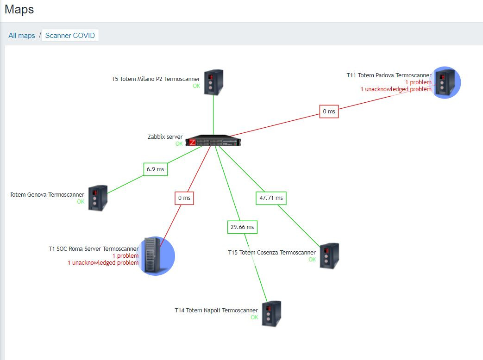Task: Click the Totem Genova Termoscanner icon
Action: coord(98,198)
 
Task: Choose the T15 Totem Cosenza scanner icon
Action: coord(329,256)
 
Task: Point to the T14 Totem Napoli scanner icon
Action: coord(271,314)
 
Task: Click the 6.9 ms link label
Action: coord(156,169)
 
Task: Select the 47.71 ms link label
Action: coord(271,198)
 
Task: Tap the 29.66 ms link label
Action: coord(242,227)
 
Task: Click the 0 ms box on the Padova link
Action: coord(329,112)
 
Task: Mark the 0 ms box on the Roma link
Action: coord(184,198)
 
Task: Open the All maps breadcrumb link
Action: coord(22,36)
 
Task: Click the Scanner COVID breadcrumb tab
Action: coord(70,36)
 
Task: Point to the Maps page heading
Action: coord(19,9)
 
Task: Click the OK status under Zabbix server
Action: coord(179,144)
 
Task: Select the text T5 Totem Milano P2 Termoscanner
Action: coord(156,79)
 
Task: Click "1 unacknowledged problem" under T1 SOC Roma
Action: coord(103,263)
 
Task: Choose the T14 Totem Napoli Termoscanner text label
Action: coord(216,310)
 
